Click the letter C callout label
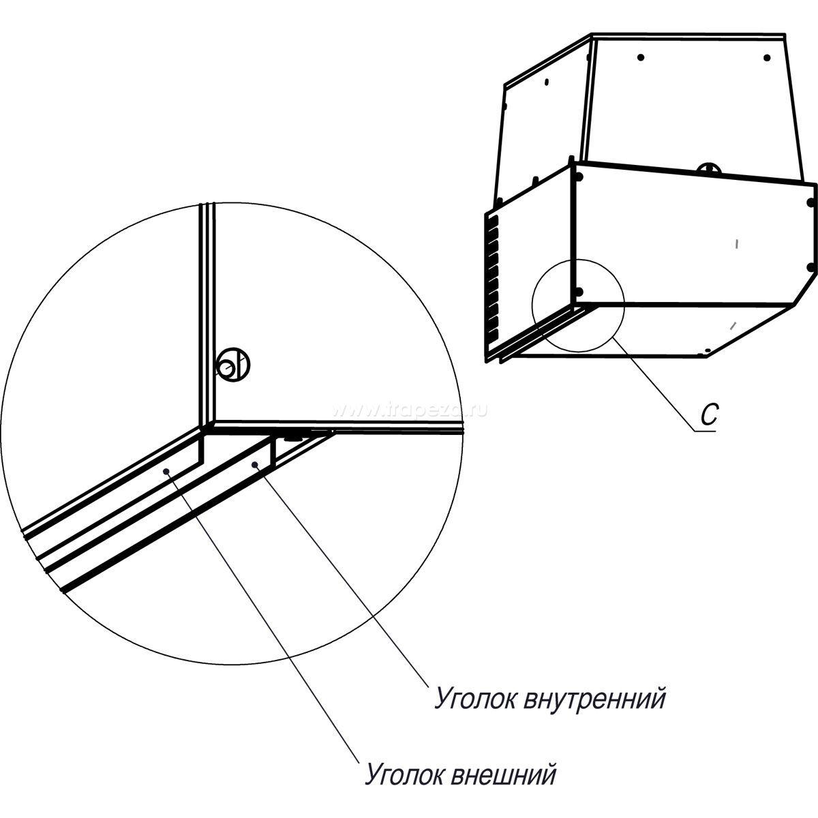point(710,416)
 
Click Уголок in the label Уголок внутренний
point(476,701)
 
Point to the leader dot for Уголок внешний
point(165,470)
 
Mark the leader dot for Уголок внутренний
point(254,464)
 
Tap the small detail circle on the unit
point(578,306)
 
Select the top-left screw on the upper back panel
point(640,57)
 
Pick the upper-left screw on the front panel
point(579,176)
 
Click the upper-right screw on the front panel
point(810,202)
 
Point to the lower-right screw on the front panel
point(809,267)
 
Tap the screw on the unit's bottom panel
point(708,352)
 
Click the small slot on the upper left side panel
point(547,83)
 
